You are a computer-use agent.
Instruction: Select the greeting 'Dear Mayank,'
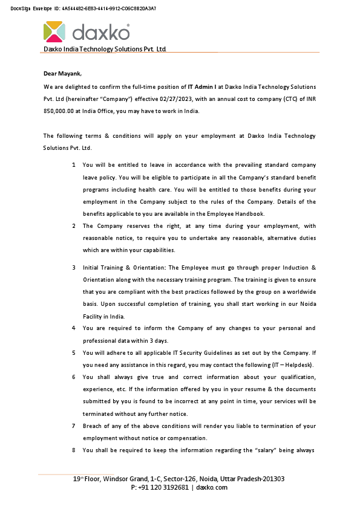click(x=62, y=74)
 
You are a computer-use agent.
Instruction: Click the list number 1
click(x=74, y=165)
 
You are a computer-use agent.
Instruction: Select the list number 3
click(x=74, y=267)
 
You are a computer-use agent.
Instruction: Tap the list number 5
click(x=74, y=352)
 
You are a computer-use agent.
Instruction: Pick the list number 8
click(x=74, y=450)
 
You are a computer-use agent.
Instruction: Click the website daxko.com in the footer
click(x=212, y=487)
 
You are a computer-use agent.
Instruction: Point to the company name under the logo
click(x=104, y=49)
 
